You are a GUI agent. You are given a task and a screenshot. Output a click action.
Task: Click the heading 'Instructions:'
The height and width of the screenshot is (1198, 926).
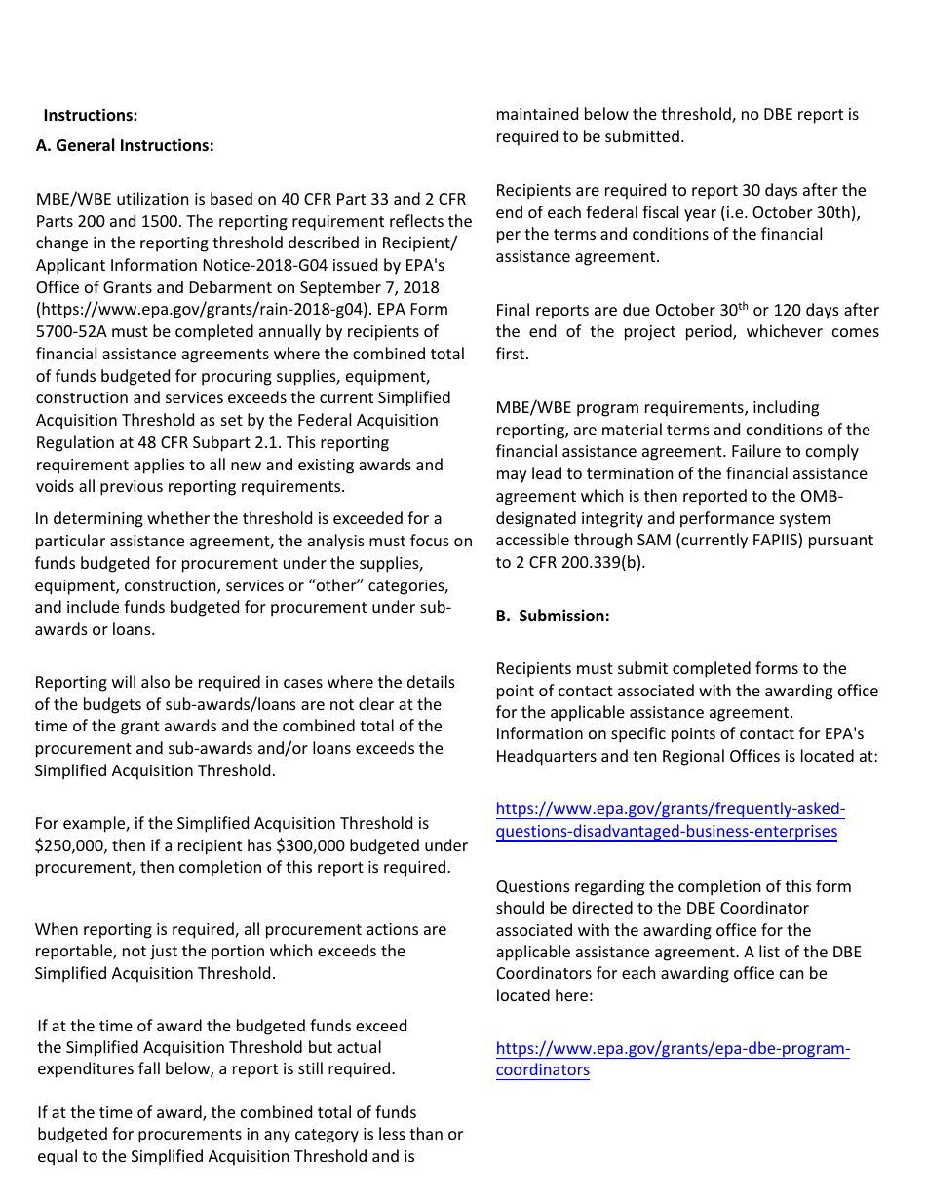click(x=90, y=116)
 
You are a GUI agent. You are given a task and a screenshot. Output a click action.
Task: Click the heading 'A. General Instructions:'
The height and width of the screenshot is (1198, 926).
click(x=125, y=146)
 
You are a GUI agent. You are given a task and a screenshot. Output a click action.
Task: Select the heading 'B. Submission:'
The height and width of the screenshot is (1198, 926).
click(x=553, y=617)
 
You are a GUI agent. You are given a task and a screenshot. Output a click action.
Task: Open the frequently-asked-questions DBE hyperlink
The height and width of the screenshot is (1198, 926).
click(x=670, y=820)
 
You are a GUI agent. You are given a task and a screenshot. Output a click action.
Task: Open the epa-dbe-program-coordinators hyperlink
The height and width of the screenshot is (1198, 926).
click(x=673, y=1060)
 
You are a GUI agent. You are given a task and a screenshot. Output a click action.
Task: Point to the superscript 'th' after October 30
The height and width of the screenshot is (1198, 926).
click(x=743, y=306)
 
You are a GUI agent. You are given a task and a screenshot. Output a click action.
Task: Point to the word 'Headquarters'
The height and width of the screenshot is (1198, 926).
click(x=542, y=756)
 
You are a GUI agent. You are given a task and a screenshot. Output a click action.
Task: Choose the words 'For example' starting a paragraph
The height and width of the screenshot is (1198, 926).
click(x=80, y=824)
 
